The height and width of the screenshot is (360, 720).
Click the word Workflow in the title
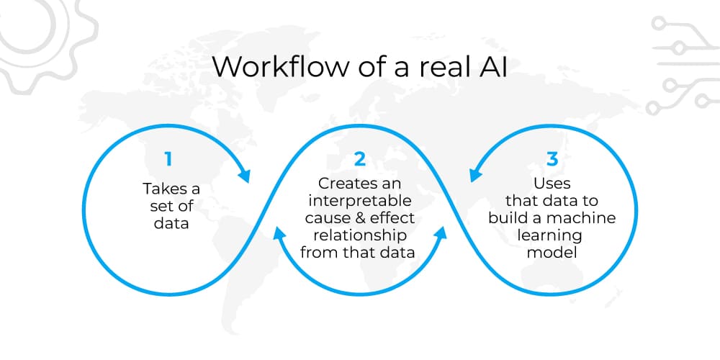coord(280,66)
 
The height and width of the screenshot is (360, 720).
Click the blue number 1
coord(168,159)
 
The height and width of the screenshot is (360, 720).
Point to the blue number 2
coord(360,159)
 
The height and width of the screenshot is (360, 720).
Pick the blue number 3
coord(552,159)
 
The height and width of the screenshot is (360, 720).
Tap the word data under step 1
coord(171,223)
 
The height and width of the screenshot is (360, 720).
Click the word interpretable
coord(360,201)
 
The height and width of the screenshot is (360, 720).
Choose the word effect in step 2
coord(392,218)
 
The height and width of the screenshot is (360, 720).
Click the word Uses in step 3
coord(552,184)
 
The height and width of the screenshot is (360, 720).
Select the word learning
coord(549,236)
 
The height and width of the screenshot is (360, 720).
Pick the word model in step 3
coord(552,253)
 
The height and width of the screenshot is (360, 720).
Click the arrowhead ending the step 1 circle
coord(244,176)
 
